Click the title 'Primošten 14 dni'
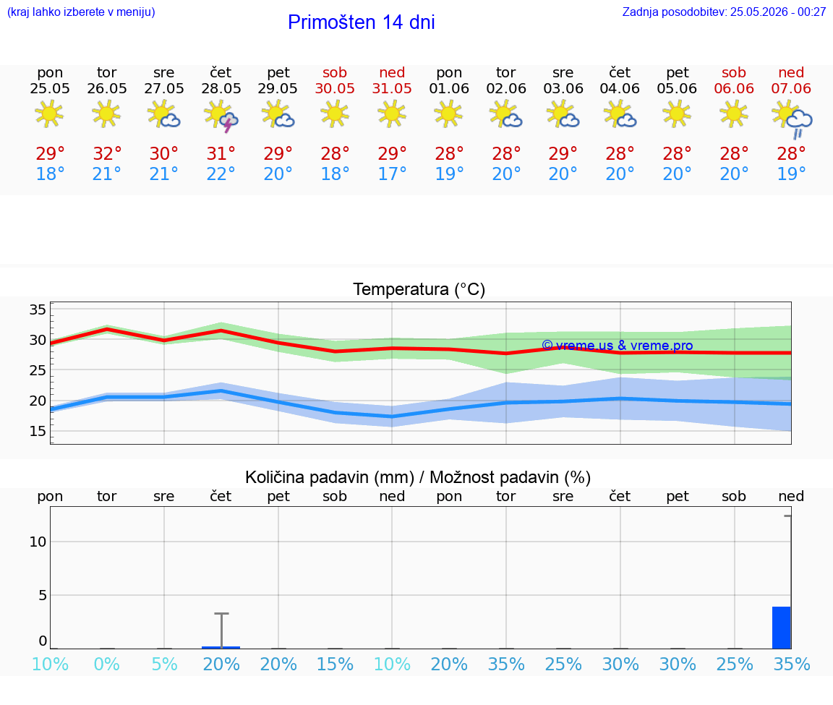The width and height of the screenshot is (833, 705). coord(362,22)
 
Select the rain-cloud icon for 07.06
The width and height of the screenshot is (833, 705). coord(792,120)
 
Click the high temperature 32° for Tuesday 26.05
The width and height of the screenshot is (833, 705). coord(107,154)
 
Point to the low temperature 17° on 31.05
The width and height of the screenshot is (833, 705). coord(392,174)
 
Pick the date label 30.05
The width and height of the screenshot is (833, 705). coord(335,89)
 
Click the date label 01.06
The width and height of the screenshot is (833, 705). coord(449,89)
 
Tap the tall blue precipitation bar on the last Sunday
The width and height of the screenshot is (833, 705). coord(782,628)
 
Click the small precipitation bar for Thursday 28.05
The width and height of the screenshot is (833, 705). coord(221,648)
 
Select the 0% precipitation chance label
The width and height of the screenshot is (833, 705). coord(107,665)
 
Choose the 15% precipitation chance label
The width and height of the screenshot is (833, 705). coord(335,665)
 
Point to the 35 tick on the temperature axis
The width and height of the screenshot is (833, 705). coord(38,309)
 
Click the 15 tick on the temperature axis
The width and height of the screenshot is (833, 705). coord(38,431)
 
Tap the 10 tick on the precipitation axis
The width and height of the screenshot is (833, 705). coord(38,542)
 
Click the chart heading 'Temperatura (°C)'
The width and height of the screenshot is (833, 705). coord(419,289)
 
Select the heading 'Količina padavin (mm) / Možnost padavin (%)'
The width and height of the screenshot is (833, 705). coord(418,478)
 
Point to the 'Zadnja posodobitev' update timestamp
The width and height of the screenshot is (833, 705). coord(724,12)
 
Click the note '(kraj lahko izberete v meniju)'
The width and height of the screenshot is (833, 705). coord(81,12)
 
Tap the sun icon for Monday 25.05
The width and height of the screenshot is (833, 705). coord(49,114)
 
